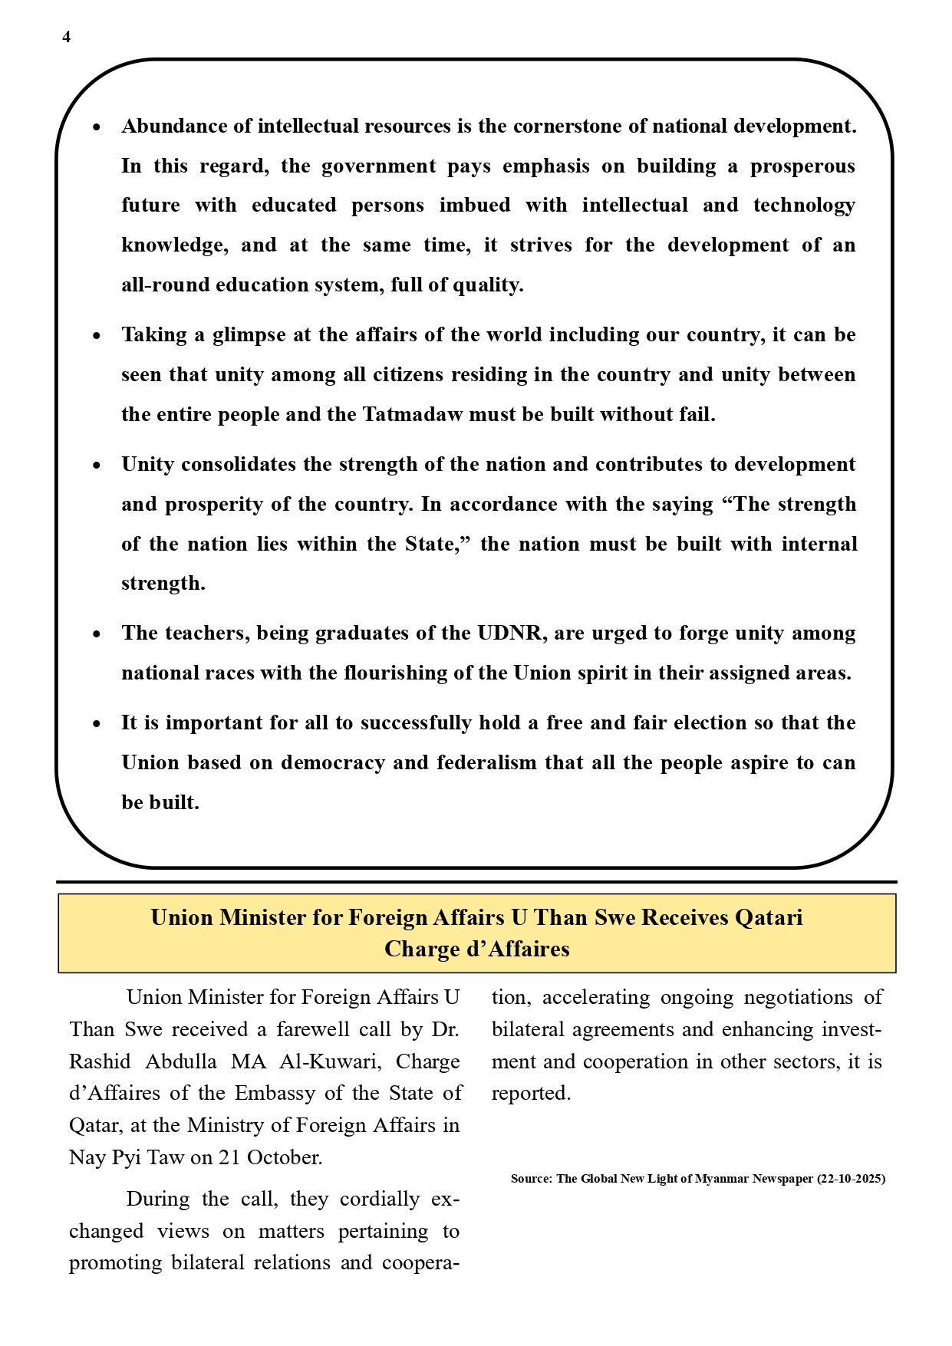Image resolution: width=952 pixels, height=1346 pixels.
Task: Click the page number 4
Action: click(x=67, y=38)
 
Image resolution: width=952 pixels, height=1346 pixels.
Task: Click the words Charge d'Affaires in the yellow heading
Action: click(x=476, y=949)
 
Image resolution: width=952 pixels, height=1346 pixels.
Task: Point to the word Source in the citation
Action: click(x=531, y=1179)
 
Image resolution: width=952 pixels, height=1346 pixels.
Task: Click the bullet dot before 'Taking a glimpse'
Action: click(x=96, y=336)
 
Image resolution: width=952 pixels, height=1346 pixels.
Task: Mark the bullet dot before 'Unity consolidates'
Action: click(x=96, y=466)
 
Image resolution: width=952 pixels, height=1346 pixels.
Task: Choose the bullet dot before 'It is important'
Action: click(x=96, y=724)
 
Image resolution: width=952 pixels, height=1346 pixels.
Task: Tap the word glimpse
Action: click(x=249, y=335)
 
